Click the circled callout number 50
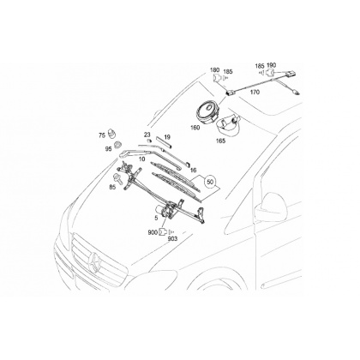click(x=210, y=182)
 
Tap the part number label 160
click(x=195, y=128)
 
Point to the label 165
click(x=221, y=141)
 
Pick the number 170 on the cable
click(x=255, y=92)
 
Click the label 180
click(x=214, y=70)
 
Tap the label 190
click(x=271, y=65)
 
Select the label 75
click(x=102, y=135)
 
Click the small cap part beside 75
click(x=111, y=134)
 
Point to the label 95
click(x=109, y=149)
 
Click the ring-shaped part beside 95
click(x=117, y=145)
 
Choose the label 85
click(x=112, y=188)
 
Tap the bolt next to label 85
click(x=117, y=178)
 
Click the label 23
click(x=147, y=135)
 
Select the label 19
click(x=167, y=138)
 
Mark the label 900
click(x=153, y=233)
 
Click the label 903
click(x=172, y=239)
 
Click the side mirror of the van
click(x=269, y=207)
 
